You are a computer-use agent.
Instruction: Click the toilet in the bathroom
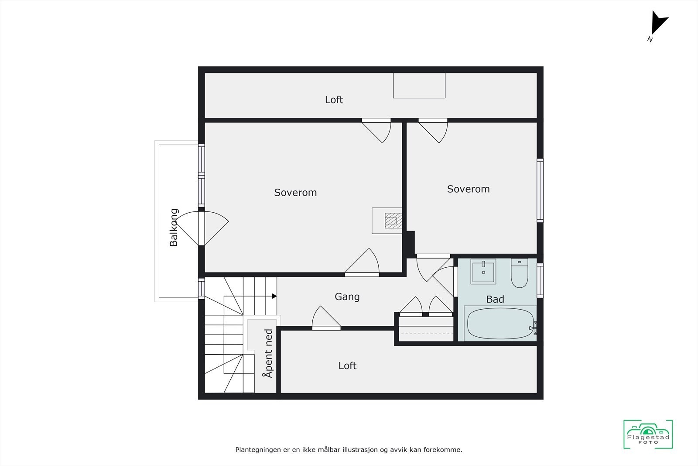(519, 274)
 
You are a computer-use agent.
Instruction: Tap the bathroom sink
(483, 272)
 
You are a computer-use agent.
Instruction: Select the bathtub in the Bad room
(500, 324)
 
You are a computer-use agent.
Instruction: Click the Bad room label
(495, 300)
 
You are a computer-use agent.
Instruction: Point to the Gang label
(347, 297)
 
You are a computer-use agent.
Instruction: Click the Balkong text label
(174, 228)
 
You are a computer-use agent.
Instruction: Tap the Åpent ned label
(268, 353)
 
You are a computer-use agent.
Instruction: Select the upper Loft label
(334, 100)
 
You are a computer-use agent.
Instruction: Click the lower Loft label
(347, 366)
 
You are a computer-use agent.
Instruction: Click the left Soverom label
(295, 193)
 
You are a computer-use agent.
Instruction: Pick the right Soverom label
(468, 189)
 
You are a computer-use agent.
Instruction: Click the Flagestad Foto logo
(648, 435)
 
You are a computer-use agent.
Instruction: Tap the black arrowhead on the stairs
(274, 296)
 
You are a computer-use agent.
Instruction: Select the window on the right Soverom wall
(540, 190)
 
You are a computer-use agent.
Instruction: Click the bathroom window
(540, 280)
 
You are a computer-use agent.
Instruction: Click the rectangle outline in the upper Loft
(419, 86)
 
